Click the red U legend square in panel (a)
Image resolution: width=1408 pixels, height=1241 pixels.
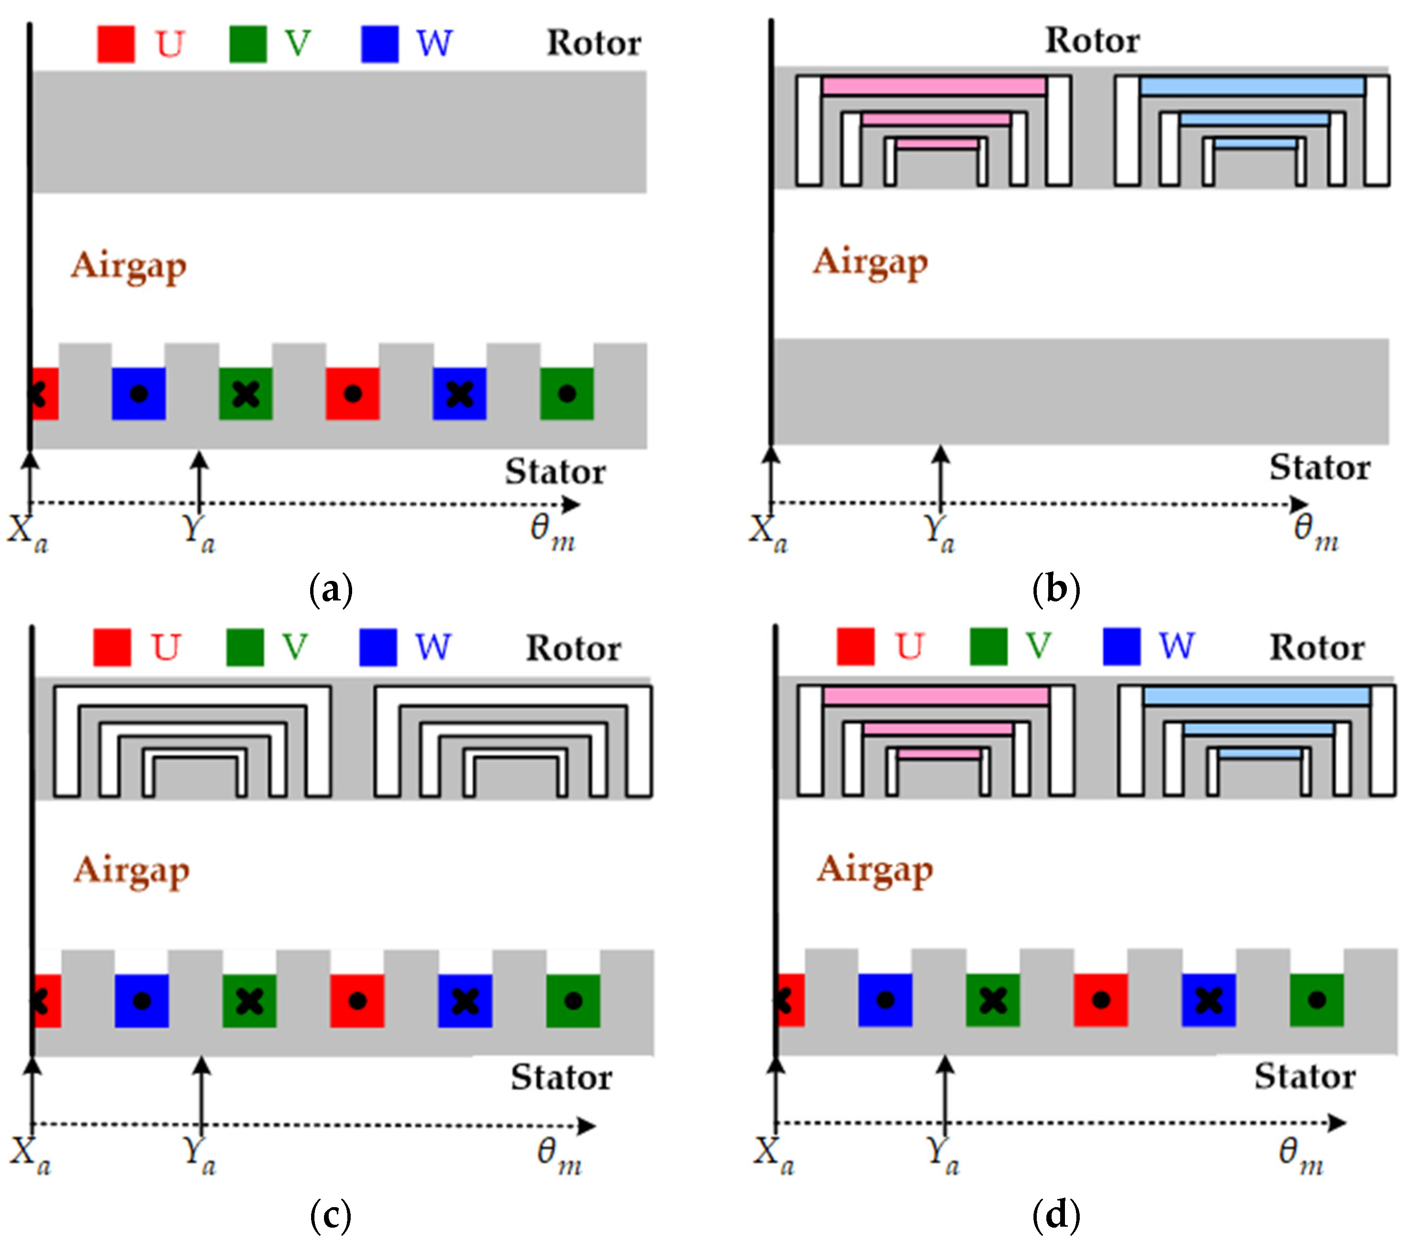pos(116,44)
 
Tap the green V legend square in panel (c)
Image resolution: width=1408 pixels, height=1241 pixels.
pos(245,647)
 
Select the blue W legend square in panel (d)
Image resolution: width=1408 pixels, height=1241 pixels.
pos(1121,647)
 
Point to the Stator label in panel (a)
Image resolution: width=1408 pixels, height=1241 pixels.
pos(555,472)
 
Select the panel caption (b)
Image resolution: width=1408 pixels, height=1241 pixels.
pos(1056,589)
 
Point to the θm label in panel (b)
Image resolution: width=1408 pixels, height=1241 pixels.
pos(1315,531)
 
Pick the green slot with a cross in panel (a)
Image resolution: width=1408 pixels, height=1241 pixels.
pos(246,394)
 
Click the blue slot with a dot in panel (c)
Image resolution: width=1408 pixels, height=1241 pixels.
pos(141,1001)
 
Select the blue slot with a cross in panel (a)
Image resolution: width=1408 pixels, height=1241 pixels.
pos(459,394)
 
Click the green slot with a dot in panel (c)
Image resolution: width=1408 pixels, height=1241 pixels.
pos(573,1001)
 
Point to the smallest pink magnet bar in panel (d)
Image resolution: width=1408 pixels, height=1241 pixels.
pos(939,754)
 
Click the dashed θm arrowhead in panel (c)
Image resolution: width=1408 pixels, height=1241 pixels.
pos(587,1126)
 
